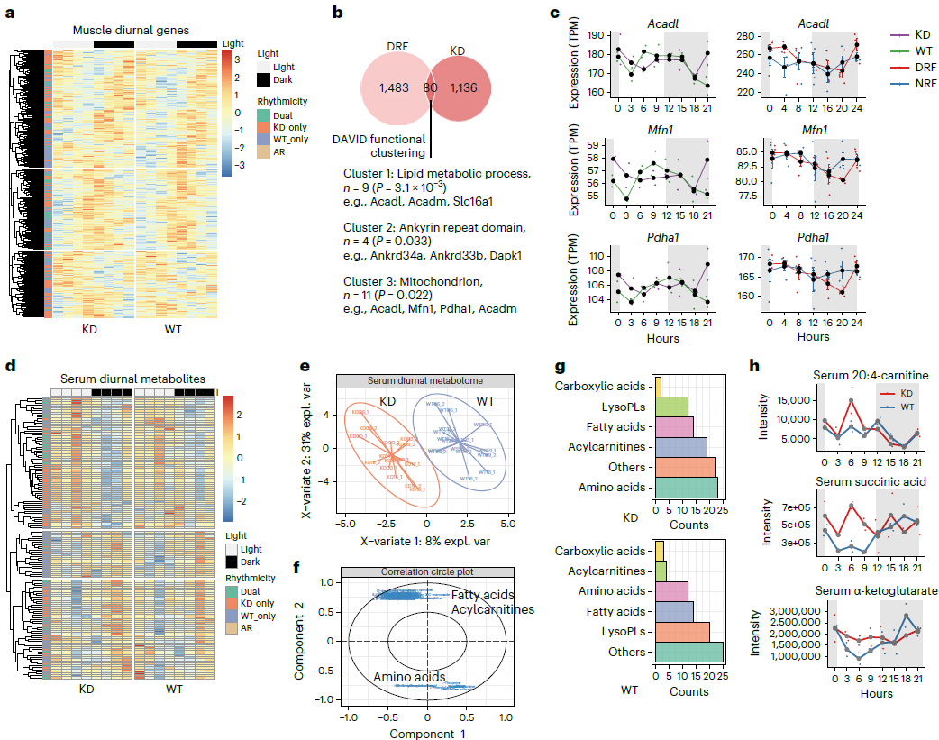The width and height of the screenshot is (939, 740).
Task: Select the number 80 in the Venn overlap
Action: [431, 87]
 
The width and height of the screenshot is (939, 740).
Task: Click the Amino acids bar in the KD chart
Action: [686, 488]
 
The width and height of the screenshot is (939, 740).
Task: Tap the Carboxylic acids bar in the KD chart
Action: [658, 385]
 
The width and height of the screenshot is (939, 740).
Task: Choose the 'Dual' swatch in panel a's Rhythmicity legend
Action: [262, 115]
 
